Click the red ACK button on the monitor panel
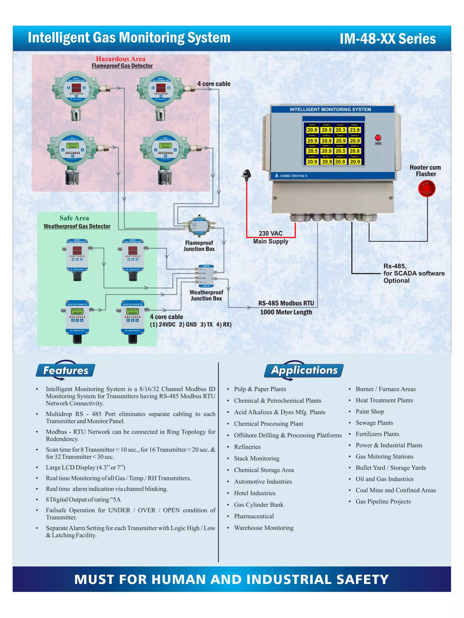point(378,137)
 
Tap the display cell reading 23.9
point(354,130)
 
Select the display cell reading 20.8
point(354,151)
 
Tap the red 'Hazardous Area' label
point(121,59)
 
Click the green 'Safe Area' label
point(74,218)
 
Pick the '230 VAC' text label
point(271,233)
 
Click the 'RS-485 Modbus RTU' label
point(286,303)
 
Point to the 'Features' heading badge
point(65,370)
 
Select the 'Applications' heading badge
point(304,370)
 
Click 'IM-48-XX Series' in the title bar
point(387,38)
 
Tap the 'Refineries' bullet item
point(247,447)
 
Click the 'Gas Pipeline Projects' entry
point(383,501)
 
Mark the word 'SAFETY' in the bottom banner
point(362,579)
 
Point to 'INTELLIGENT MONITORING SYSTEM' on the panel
point(330,110)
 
